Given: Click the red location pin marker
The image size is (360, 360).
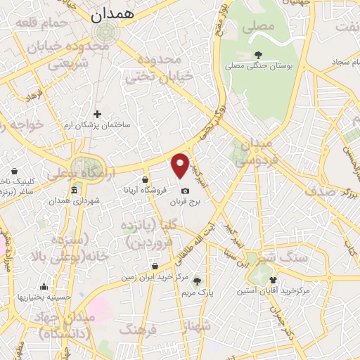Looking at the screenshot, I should [181, 166].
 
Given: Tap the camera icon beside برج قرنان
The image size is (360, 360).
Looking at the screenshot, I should [185, 191].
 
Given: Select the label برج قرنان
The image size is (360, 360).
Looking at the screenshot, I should [185, 202].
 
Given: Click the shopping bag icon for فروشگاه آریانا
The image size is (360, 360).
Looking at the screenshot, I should [145, 179].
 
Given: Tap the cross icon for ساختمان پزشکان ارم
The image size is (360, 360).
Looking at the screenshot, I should [98, 114].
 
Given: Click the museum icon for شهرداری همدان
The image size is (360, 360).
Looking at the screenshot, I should [75, 190].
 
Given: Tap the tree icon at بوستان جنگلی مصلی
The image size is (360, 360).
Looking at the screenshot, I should [259, 54].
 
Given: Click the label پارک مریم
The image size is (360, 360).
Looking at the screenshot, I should [197, 291].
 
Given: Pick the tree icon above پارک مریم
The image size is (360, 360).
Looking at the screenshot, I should [197, 280].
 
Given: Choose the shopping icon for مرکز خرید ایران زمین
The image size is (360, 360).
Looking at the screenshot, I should [155, 266].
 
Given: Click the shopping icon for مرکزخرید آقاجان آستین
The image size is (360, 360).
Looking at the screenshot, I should [273, 279].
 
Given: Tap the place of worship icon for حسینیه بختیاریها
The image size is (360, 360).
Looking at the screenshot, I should [44, 286].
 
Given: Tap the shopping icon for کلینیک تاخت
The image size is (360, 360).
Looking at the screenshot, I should [15, 170].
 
